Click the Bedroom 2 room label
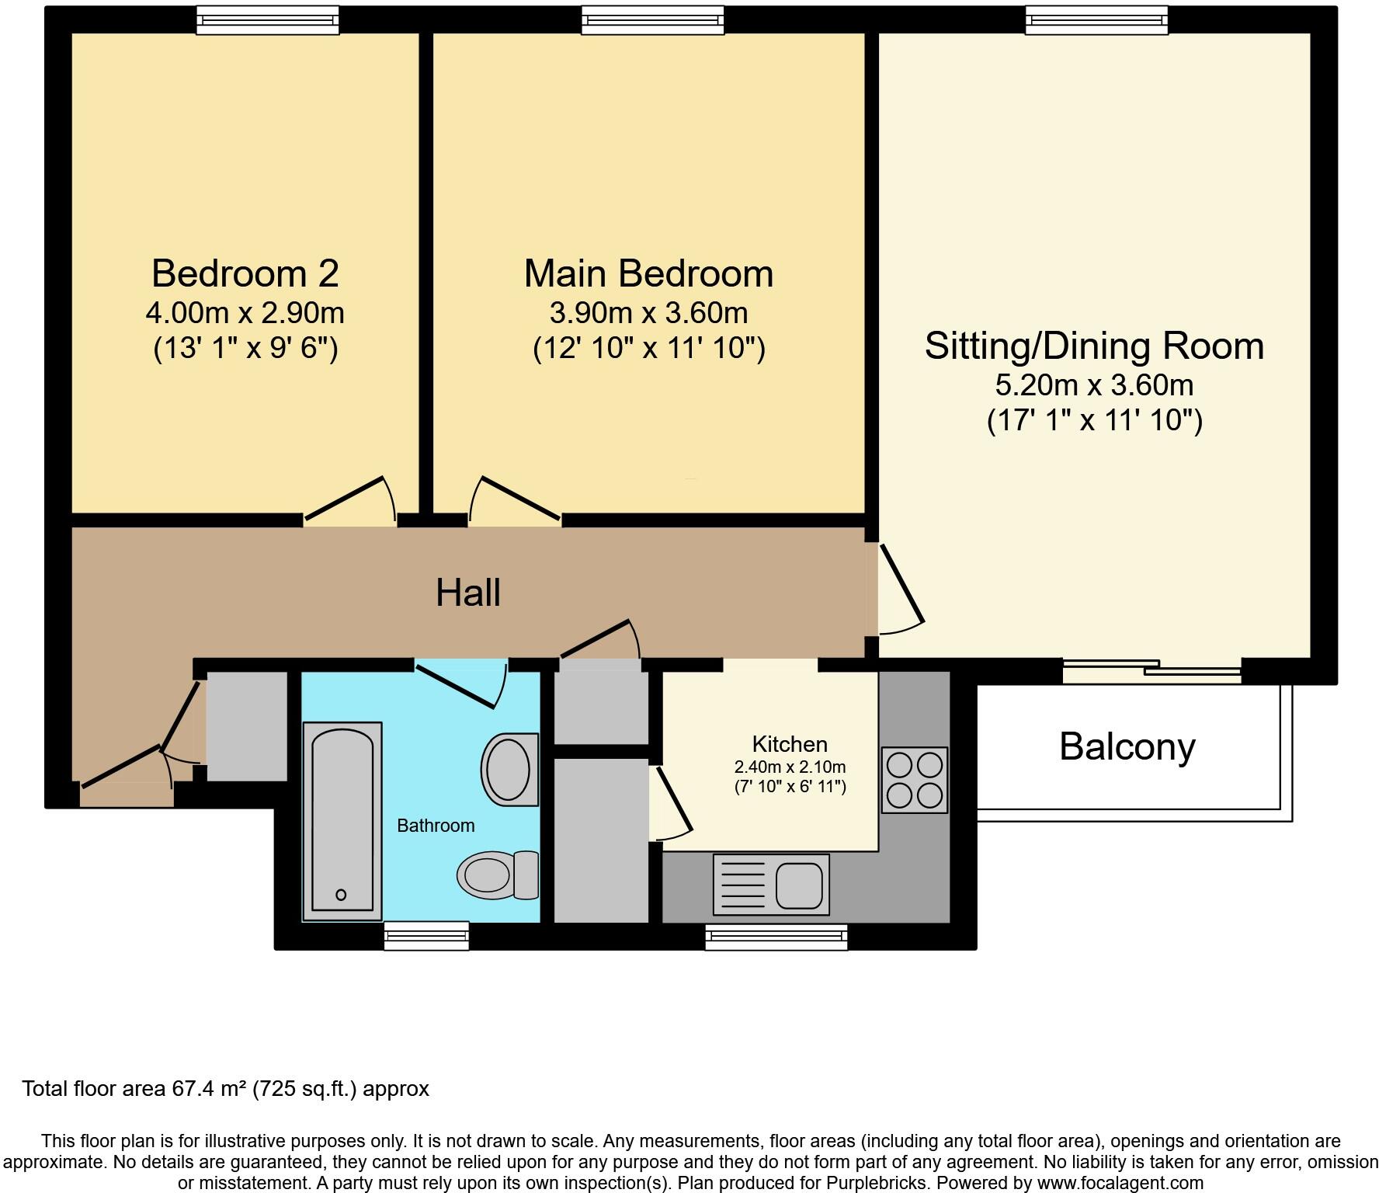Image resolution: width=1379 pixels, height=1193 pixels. tap(245, 273)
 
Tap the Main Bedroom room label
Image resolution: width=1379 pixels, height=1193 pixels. tap(648, 273)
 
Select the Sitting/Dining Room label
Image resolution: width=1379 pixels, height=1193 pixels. tap(1094, 346)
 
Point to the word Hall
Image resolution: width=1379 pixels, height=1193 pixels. tap(467, 593)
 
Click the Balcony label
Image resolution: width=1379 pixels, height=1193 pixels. tap(1127, 747)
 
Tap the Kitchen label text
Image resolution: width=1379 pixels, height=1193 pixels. tap(790, 744)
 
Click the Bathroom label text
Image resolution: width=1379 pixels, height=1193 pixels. tap(436, 826)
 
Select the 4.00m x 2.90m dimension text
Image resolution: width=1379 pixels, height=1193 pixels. tap(245, 313)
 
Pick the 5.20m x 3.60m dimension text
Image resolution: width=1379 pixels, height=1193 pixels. tap(1094, 385)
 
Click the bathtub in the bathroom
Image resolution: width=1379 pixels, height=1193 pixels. tap(342, 821)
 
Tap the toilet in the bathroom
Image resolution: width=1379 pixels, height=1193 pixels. tap(498, 875)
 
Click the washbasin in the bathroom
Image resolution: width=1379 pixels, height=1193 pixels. tap(510, 770)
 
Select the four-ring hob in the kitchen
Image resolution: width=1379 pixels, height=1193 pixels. tap(915, 780)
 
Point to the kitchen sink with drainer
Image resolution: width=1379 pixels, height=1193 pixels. tap(771, 885)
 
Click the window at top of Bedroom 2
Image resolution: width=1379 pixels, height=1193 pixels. tap(267, 20)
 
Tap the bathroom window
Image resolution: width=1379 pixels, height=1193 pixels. tap(426, 935)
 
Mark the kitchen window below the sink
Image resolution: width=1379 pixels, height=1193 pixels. tap(776, 937)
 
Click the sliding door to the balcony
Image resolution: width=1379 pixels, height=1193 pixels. tap(1151, 670)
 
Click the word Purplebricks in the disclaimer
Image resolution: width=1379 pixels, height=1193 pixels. tap(877, 1183)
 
